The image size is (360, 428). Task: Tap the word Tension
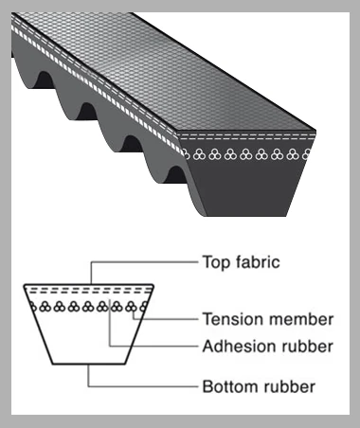pyautogui.click(x=230, y=319)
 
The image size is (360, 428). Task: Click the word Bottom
pyautogui.click(x=228, y=386)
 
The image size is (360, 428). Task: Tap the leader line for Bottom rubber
pyautogui.click(x=142, y=386)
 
